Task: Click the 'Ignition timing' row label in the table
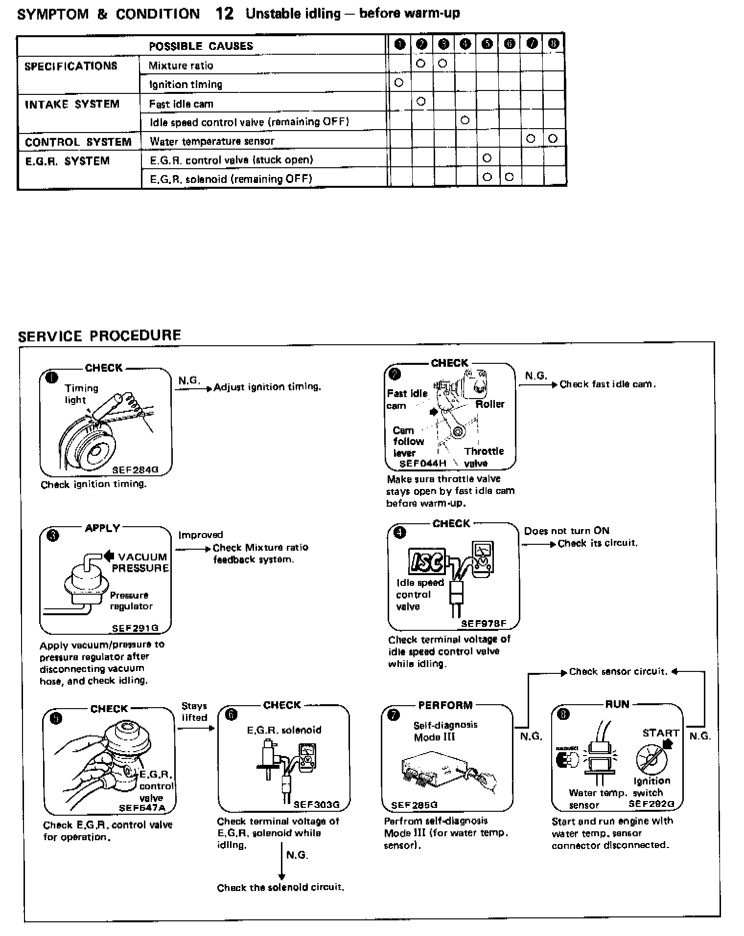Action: coord(186,84)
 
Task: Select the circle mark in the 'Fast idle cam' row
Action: coord(420,102)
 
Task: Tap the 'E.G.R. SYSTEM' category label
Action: coord(68,161)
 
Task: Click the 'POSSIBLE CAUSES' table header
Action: coord(201,46)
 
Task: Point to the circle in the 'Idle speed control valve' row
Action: coord(465,120)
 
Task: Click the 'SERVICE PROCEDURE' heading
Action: coord(99,335)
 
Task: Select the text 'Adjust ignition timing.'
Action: coord(267,387)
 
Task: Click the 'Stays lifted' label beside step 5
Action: coord(194,712)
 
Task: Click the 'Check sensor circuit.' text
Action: coord(618,671)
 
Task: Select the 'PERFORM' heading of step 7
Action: coord(445,705)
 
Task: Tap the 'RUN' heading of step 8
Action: coord(617,704)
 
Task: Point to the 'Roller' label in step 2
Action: coord(489,404)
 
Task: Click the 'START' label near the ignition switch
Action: coord(660,733)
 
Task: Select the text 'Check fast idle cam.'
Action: coord(607,384)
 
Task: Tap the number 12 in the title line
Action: coord(225,13)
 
